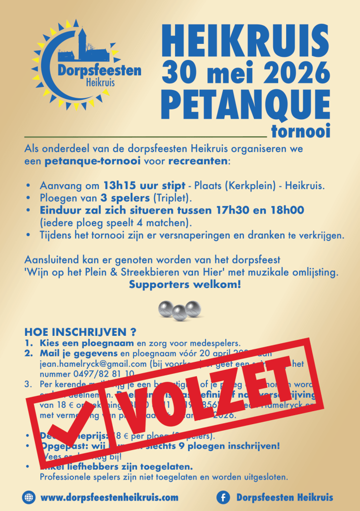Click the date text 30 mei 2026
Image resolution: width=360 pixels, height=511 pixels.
(245, 74)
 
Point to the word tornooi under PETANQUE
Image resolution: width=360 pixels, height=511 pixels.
(301, 132)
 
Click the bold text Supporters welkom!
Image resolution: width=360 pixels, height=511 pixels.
(184, 285)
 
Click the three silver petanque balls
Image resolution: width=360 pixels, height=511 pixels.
(179, 310)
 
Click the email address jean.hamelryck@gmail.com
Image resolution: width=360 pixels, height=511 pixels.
(93, 364)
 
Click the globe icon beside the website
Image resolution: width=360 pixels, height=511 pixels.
(28, 497)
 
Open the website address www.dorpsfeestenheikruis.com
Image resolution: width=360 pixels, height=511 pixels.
(109, 497)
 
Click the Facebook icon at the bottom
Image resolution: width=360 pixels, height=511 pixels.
(223, 497)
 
